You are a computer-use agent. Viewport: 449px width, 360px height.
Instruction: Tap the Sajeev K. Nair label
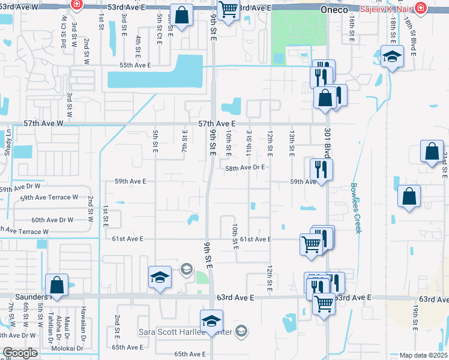point(387,10)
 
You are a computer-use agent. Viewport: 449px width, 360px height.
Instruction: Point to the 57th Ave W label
point(43,123)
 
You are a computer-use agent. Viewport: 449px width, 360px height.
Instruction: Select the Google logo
point(20,353)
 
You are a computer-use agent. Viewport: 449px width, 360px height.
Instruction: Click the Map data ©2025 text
point(423,355)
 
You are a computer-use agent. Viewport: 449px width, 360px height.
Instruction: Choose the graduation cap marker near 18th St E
point(392,56)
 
